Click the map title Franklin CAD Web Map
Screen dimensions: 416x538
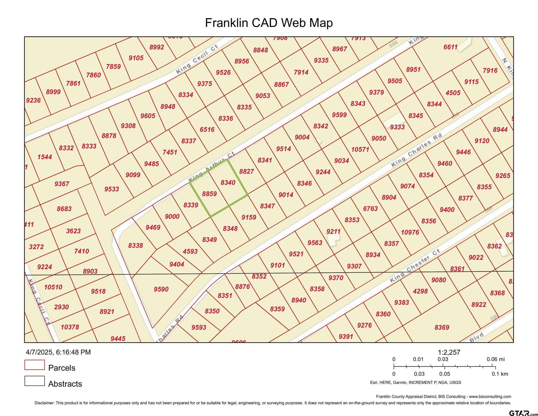(x=269, y=23)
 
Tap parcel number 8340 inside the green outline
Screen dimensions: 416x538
(x=228, y=183)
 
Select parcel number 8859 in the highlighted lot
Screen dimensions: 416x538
(x=209, y=194)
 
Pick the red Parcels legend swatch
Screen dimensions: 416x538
(x=34, y=365)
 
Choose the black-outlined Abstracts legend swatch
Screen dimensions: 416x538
(x=34, y=381)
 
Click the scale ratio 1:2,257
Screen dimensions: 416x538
(x=449, y=352)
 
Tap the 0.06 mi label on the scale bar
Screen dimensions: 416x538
(x=495, y=359)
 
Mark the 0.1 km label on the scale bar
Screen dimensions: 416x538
(x=500, y=374)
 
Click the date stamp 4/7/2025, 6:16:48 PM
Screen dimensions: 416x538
(x=58, y=352)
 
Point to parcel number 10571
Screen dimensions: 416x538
(x=360, y=149)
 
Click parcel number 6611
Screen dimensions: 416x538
(x=450, y=47)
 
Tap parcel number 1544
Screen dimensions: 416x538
(x=45, y=157)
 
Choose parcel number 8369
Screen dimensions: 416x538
(x=442, y=327)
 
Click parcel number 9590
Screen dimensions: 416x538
(x=161, y=289)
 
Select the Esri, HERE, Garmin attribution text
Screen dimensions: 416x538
(x=415, y=382)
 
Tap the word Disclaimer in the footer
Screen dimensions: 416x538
(x=44, y=403)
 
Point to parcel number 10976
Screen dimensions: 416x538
(x=410, y=232)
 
